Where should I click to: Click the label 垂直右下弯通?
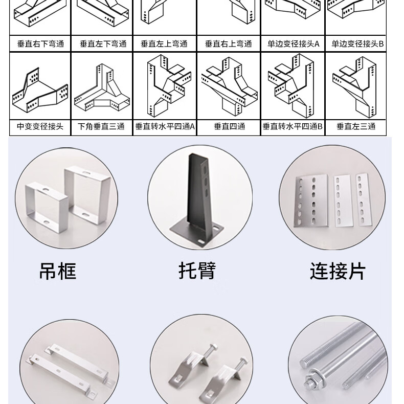click(x=40, y=44)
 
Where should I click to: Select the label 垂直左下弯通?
click(x=103, y=44)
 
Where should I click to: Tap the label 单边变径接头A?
click(x=293, y=44)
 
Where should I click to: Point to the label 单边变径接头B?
click(x=357, y=44)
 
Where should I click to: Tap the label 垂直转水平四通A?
click(x=165, y=126)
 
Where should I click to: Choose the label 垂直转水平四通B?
click(x=293, y=126)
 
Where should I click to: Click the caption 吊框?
click(x=57, y=271)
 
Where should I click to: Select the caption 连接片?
click(x=338, y=271)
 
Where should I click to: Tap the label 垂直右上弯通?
click(x=229, y=44)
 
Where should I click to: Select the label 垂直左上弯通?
click(x=165, y=44)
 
